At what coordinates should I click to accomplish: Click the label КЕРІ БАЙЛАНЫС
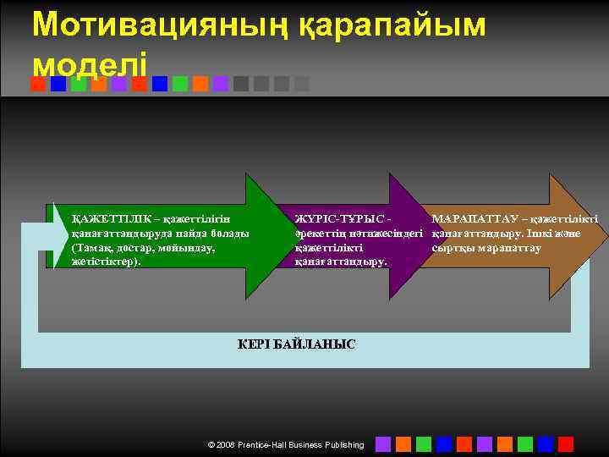click(296, 344)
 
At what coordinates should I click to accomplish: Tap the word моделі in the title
click(90, 63)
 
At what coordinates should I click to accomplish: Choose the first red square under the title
click(38, 84)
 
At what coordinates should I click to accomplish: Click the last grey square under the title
click(302, 84)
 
